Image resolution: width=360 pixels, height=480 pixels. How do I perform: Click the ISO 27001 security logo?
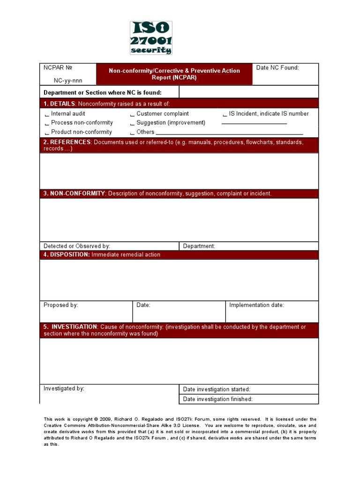click(x=151, y=38)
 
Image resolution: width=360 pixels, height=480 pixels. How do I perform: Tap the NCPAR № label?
click(x=58, y=68)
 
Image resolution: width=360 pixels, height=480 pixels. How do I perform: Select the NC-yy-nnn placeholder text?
click(x=67, y=81)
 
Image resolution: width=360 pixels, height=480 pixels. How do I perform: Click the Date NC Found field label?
click(x=277, y=68)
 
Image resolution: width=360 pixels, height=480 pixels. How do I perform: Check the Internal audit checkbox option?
click(x=46, y=114)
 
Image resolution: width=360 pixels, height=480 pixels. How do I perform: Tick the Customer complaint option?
click(x=132, y=114)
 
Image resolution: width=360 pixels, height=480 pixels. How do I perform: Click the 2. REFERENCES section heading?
click(x=66, y=142)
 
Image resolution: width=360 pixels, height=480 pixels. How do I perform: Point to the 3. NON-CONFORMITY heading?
click(x=75, y=194)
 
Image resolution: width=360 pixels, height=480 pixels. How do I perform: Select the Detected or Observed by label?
click(x=77, y=246)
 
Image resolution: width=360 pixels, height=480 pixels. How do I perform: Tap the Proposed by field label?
click(x=61, y=305)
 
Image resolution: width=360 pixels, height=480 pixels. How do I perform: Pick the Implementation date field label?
click(x=256, y=305)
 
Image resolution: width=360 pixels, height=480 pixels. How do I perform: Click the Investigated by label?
click(x=64, y=389)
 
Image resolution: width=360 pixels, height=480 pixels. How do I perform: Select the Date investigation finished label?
click(x=217, y=399)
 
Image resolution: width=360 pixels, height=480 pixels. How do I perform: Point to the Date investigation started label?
click(x=217, y=390)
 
